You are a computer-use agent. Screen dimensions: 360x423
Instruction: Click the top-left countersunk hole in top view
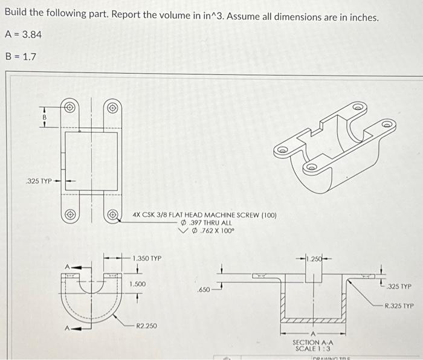click(x=70, y=109)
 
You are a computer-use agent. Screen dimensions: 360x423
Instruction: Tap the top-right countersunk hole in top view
click(x=112, y=109)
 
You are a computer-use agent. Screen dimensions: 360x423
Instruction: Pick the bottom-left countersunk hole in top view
click(x=70, y=214)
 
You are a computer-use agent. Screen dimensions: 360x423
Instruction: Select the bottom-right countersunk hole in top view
click(x=112, y=214)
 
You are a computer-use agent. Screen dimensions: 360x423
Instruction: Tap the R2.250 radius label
click(x=146, y=326)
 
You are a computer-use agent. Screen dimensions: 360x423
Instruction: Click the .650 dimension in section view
click(x=204, y=290)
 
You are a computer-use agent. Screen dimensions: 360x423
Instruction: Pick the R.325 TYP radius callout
click(x=399, y=306)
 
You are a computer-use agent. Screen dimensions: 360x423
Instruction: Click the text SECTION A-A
click(x=312, y=342)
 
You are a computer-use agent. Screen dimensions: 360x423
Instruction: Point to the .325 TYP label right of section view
click(x=399, y=286)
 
